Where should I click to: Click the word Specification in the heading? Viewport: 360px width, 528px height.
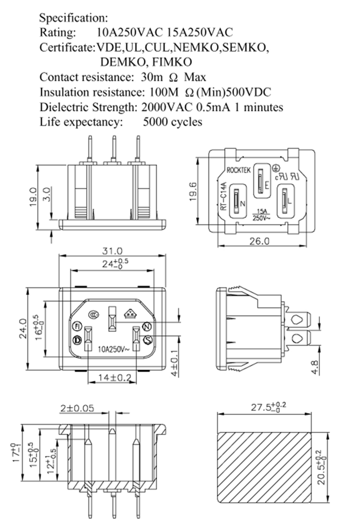point(73,19)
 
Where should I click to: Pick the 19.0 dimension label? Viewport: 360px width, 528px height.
point(33,197)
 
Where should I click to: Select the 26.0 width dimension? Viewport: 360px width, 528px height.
point(259,241)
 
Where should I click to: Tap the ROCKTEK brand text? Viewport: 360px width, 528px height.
point(238,170)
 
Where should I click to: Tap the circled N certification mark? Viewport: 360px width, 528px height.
point(147,326)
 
